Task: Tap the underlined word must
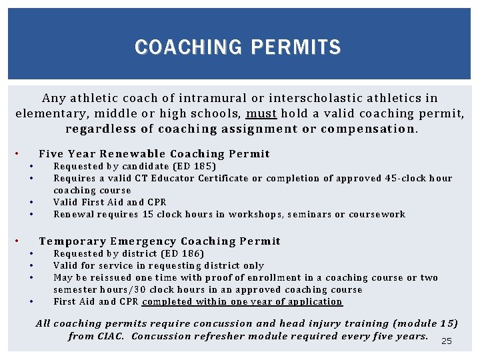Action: [261, 113]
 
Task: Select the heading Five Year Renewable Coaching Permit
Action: [154, 154]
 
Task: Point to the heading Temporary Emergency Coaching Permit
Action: [160, 241]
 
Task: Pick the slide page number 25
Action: [447, 341]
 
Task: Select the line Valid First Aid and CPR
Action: [110, 202]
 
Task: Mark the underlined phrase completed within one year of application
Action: [242, 301]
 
